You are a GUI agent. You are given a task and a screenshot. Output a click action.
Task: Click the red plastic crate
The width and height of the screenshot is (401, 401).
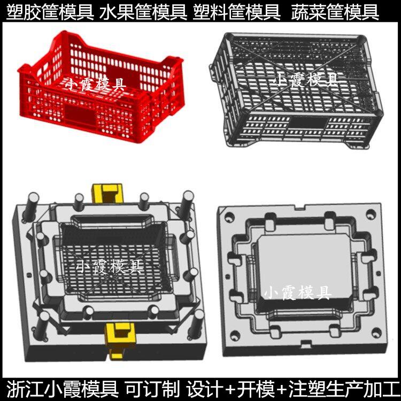[x=101, y=87]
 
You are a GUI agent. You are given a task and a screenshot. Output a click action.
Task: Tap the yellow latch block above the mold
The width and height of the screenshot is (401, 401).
[x=107, y=194]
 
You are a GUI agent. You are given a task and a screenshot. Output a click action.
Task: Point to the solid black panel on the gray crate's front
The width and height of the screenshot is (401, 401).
[x=309, y=124]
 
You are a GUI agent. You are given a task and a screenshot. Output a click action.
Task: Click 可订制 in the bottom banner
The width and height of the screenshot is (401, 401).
[x=152, y=389]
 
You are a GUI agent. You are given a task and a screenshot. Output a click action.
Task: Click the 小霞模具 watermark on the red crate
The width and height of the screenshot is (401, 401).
[x=95, y=84]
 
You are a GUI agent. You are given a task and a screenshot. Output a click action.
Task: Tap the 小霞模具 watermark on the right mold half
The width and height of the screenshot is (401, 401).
[x=297, y=293]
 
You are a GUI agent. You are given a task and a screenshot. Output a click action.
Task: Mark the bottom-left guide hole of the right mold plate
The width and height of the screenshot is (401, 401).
[x=235, y=335]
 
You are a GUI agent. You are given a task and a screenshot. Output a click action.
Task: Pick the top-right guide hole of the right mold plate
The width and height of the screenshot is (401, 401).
[x=371, y=214]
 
